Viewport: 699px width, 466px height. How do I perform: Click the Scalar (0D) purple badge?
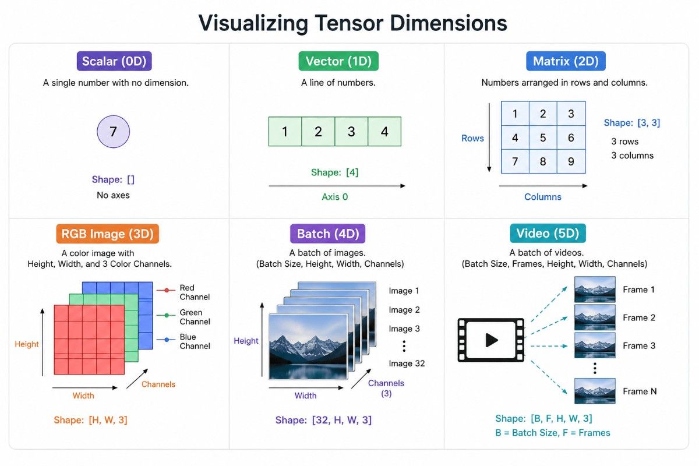click(114, 61)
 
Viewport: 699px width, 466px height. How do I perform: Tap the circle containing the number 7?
click(113, 132)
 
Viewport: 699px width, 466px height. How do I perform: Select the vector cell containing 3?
click(351, 132)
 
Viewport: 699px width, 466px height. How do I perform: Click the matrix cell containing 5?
click(543, 137)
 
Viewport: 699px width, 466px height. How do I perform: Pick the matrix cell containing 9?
click(571, 161)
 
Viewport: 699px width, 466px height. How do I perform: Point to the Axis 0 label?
click(335, 197)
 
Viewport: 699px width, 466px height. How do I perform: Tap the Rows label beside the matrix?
click(472, 138)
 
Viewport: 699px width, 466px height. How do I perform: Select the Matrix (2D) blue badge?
click(566, 61)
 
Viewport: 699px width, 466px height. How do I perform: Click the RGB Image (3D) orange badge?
click(108, 234)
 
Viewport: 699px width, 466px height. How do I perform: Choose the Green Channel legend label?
click(195, 317)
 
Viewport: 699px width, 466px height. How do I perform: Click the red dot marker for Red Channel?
click(167, 290)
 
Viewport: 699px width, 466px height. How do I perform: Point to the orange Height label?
click(27, 344)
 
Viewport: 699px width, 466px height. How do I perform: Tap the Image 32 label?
click(407, 363)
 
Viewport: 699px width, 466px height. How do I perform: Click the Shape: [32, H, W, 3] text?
click(323, 420)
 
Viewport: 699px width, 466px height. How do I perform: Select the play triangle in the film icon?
click(492, 340)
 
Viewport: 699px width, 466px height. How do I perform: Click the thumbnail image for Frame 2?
click(595, 317)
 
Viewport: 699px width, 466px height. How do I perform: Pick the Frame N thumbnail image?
click(595, 391)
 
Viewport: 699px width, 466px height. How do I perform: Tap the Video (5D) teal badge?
click(548, 234)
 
